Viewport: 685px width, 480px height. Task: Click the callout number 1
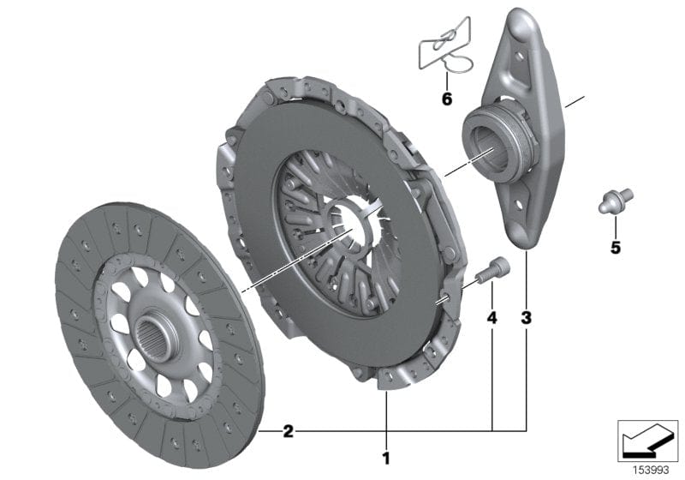386,457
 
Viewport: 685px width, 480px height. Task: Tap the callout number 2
289,431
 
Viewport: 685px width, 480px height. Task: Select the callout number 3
526,318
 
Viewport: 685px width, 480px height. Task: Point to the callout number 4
491,318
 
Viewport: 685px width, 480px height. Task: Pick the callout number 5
616,249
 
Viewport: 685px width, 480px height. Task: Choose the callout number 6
446,99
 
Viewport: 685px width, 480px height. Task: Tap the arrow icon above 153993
647,438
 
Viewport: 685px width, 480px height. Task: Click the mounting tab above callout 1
386,378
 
